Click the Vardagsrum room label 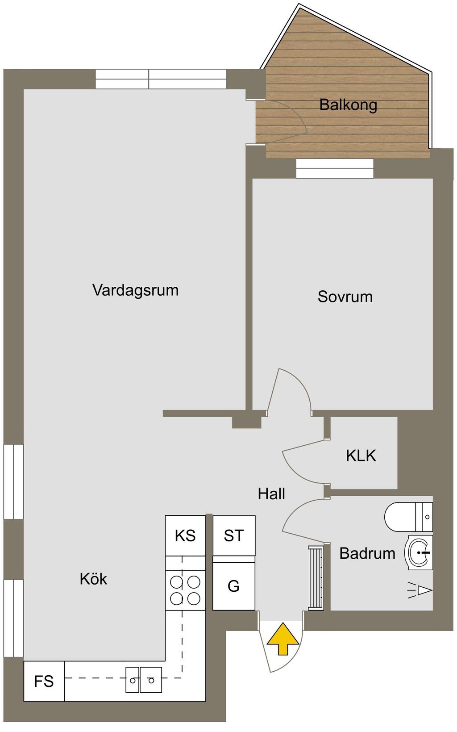click(x=135, y=290)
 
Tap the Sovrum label click(x=345, y=297)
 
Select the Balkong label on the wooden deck click(x=348, y=105)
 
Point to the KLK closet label click(x=361, y=456)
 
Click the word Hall click(x=271, y=494)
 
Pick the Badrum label click(x=367, y=553)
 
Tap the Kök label click(x=93, y=579)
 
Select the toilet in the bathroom click(x=409, y=517)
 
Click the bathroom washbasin click(x=419, y=552)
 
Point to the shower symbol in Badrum click(x=420, y=590)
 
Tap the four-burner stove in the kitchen click(x=185, y=590)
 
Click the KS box click(x=185, y=535)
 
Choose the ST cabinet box click(x=234, y=536)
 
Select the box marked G click(x=234, y=586)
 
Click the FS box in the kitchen click(x=44, y=682)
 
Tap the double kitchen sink click(x=144, y=680)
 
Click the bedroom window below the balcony click(x=335, y=169)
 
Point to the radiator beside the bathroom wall click(x=316, y=578)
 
